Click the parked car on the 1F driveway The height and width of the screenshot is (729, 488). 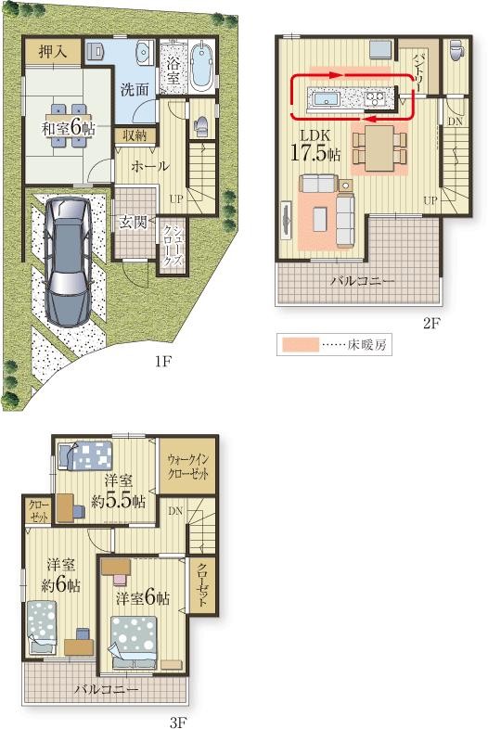(x=68, y=261)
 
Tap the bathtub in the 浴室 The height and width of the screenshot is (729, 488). (x=202, y=67)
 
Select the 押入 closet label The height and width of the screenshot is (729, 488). (x=53, y=52)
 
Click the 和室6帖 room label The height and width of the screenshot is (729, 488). (x=69, y=128)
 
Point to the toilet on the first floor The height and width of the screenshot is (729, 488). (x=202, y=125)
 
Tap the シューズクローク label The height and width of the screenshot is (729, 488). (x=173, y=246)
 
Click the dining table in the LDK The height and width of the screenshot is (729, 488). (x=379, y=148)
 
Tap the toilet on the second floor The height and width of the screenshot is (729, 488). (x=456, y=49)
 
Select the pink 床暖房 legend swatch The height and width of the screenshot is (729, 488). (x=300, y=344)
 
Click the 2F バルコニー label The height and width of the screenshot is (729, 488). (x=363, y=281)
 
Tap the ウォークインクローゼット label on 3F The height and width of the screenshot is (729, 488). (x=188, y=467)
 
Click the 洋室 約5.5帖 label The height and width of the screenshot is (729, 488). (x=119, y=491)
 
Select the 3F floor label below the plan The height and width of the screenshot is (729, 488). (x=178, y=722)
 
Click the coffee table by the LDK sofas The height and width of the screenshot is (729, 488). (x=319, y=219)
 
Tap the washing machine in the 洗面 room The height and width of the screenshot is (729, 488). (x=95, y=51)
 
